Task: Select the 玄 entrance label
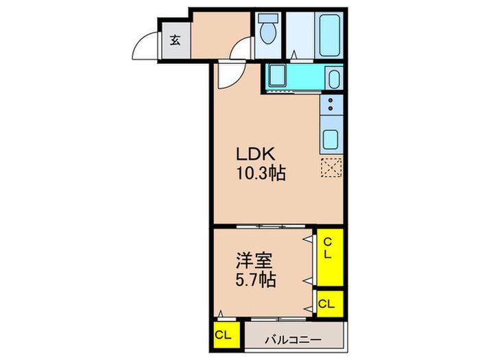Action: (175, 40)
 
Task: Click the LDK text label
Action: (255, 154)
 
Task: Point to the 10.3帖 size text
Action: (261, 173)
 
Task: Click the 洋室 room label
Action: (254, 261)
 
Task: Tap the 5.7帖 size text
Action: (256, 280)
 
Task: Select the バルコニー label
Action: (293, 340)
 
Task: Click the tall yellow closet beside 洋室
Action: (330, 257)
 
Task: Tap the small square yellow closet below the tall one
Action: (330, 304)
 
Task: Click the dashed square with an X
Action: (331, 168)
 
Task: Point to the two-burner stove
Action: (331, 104)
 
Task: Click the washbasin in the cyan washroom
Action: (334, 79)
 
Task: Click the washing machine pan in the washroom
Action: (277, 76)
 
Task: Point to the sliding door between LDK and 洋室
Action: (272, 226)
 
